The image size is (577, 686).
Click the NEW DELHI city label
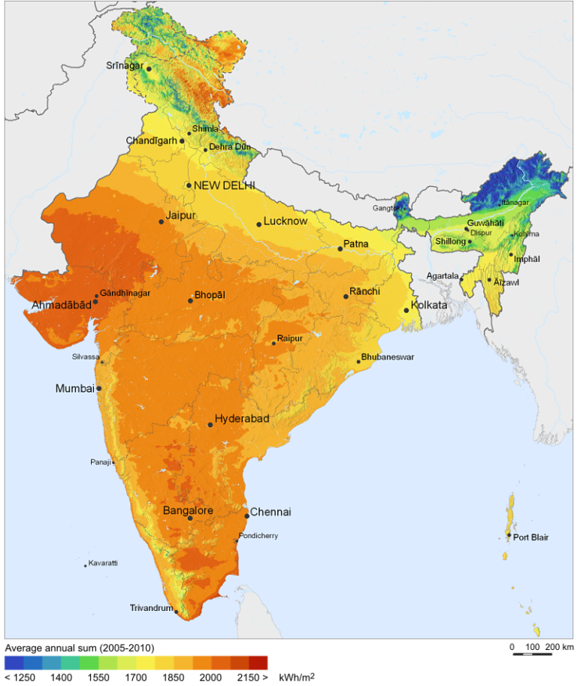pos(224,185)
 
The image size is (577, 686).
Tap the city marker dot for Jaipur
pos(161,221)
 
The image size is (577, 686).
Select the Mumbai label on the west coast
pos(74,388)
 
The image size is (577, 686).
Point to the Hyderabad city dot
pos(210,425)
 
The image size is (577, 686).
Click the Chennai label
pos(270,513)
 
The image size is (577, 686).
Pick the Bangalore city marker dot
pos(190,518)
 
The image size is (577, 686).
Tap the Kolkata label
pos(429,305)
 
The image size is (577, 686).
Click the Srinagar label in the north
pos(125,65)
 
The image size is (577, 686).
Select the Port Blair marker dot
pos(509,535)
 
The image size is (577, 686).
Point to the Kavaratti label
pos(103,563)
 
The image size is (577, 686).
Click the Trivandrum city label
pos(151,608)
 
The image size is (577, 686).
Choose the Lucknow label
pos(285,221)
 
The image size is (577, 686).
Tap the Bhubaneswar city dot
pos(359,362)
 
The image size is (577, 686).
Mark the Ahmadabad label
pos(61,305)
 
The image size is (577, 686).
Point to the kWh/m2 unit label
pos(296,677)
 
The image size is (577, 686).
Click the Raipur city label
pos(290,338)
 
